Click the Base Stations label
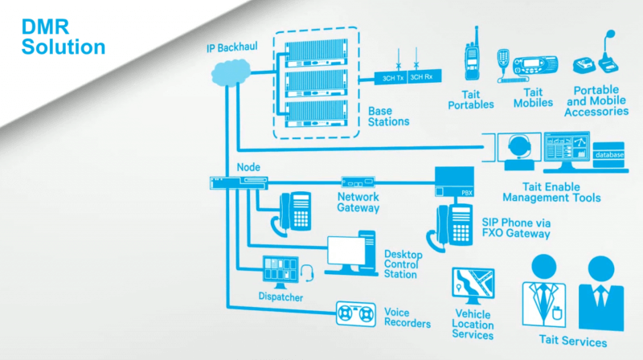(388, 117)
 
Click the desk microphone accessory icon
(606, 54)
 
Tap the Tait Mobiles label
(533, 98)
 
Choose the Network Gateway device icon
(358, 182)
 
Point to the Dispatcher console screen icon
(281, 271)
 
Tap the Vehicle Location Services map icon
(473, 285)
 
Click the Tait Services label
(573, 342)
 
